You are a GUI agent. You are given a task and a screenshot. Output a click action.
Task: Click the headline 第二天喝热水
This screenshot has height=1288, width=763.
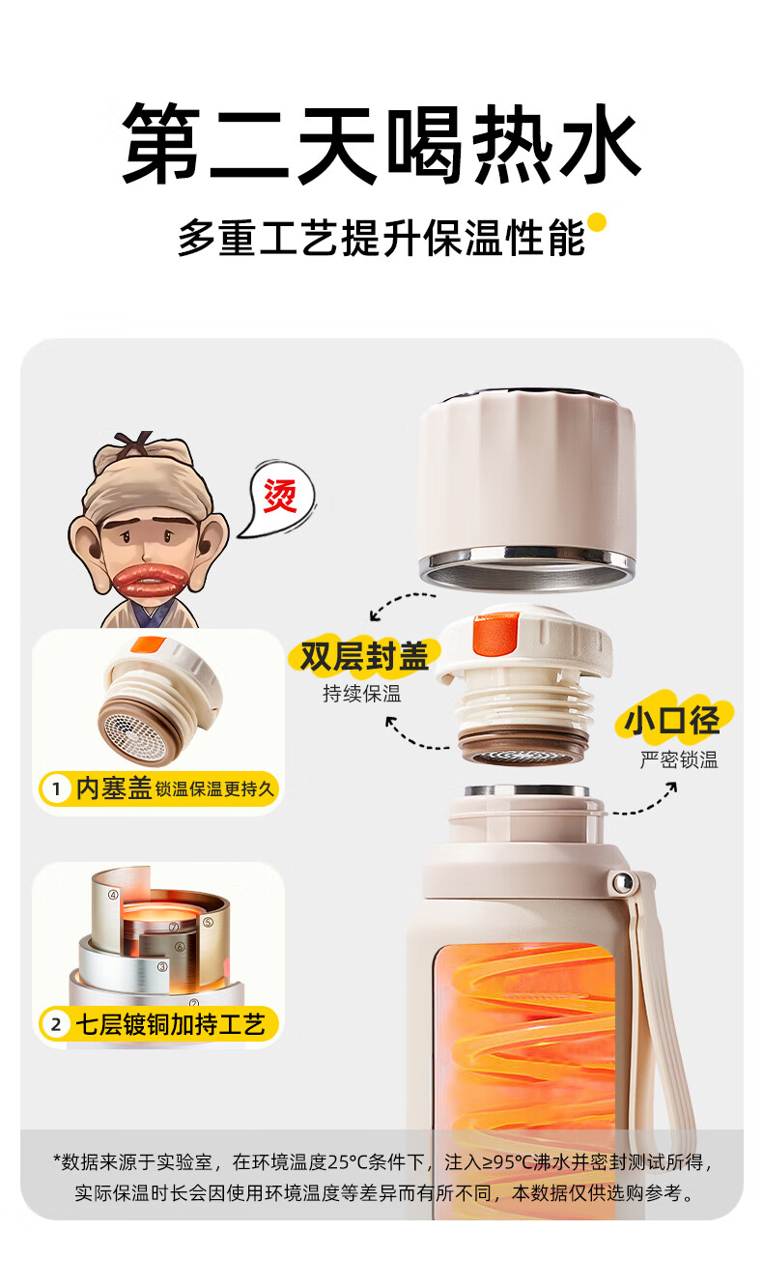coord(381,143)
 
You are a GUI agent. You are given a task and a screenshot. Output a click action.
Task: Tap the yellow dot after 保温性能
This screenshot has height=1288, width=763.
coord(597,222)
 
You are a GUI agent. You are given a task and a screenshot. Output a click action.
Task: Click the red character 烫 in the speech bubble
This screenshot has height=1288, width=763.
coord(280,496)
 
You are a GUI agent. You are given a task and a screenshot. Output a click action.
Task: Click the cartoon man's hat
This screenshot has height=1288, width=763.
coord(144,474)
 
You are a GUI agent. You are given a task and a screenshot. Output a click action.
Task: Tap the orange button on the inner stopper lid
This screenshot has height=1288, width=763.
coord(495,634)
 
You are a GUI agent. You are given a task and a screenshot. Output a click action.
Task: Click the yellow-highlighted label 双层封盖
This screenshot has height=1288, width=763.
coord(364,656)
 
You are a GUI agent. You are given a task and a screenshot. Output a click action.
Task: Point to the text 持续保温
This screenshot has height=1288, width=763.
coord(362,694)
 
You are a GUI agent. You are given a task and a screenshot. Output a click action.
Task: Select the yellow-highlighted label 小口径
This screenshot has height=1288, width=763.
coord(672,719)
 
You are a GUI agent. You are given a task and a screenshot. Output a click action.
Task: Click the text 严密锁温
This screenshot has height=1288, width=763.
coord(679,759)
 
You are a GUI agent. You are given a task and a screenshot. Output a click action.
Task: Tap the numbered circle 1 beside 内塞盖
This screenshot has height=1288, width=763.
coord(56,788)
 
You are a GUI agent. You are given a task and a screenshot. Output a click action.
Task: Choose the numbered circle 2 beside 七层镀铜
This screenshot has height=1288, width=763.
coord(56,1024)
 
